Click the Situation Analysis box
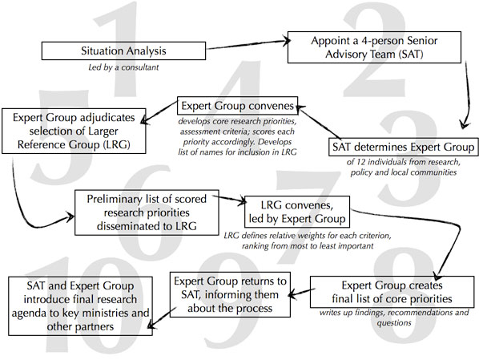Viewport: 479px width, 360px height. pyautogui.click(x=126, y=51)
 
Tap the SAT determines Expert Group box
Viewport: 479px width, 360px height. pyautogui.click(x=405, y=148)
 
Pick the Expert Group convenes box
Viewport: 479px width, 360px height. pyautogui.click(x=238, y=106)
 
